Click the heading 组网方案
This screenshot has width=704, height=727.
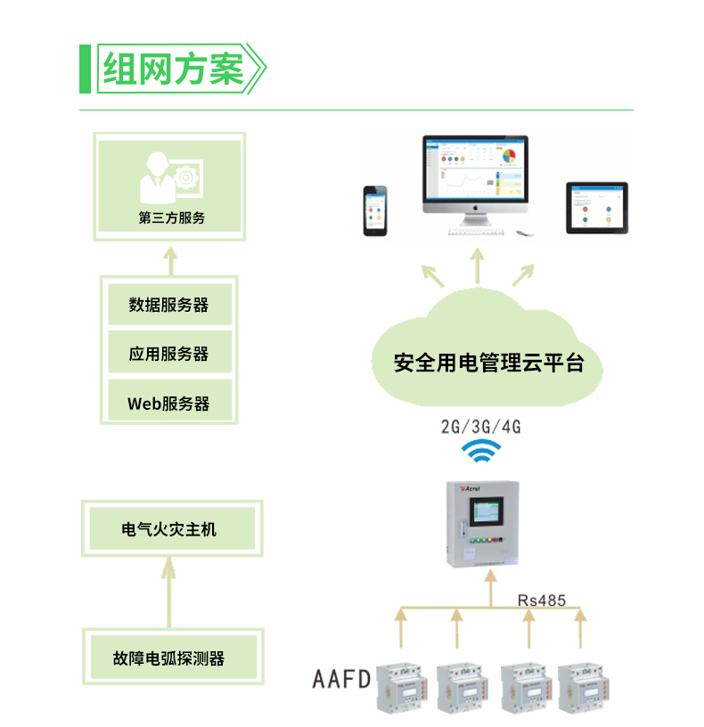(x=173, y=69)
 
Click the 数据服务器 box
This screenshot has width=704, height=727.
(x=169, y=305)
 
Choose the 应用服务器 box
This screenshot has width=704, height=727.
(x=169, y=354)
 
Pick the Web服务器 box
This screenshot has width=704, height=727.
(x=169, y=403)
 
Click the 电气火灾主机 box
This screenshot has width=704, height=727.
(x=169, y=529)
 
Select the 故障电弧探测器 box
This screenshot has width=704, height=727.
(x=169, y=658)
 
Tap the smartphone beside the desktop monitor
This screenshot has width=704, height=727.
(x=374, y=210)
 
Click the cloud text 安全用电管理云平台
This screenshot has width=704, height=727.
(x=488, y=363)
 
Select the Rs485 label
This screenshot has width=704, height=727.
(x=542, y=600)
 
